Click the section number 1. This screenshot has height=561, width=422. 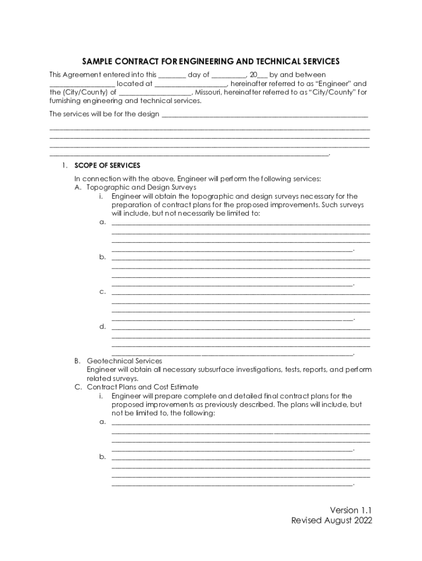tap(64, 165)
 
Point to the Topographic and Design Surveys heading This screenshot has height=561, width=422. tap(141, 187)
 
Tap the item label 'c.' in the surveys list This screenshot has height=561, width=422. tap(102, 291)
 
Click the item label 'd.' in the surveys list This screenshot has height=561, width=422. tap(102, 327)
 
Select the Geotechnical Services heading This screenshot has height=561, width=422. tap(124, 361)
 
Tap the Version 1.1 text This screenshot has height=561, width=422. tap(351, 510)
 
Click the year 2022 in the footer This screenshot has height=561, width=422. tap(362, 521)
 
